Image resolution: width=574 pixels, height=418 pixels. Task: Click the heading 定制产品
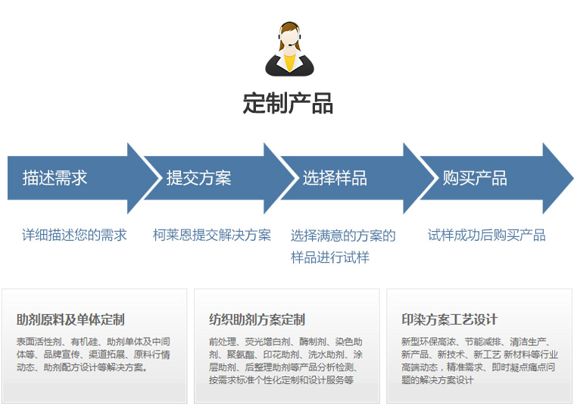click(288, 103)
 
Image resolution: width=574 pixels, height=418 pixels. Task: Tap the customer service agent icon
click(289, 48)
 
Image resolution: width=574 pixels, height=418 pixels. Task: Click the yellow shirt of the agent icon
click(289, 63)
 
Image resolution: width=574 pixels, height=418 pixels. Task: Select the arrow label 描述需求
click(55, 178)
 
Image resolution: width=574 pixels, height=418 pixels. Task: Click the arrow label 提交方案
click(198, 178)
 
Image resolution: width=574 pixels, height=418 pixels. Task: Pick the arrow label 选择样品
click(335, 178)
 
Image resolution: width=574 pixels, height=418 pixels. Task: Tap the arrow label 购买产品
click(475, 178)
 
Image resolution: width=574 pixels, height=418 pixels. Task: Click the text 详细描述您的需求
click(74, 235)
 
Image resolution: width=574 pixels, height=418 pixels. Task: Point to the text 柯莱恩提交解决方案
click(212, 235)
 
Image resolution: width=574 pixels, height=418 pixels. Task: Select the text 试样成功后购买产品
click(486, 235)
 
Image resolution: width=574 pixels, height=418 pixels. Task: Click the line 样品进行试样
click(330, 257)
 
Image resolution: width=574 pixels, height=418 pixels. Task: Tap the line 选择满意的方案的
click(343, 236)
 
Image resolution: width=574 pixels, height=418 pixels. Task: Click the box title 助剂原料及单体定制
click(70, 320)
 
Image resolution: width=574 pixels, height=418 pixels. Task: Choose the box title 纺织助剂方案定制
click(257, 320)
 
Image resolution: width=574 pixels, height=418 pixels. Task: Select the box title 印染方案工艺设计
click(450, 320)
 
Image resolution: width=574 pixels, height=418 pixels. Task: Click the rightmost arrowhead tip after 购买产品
click(573, 179)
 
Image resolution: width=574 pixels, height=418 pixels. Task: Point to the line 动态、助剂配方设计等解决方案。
click(83, 367)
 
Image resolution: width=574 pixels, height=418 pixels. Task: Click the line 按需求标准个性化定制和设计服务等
click(281, 380)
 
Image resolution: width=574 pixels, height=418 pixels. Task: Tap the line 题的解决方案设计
click(438, 380)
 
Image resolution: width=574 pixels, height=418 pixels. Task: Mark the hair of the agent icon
click(289, 27)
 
